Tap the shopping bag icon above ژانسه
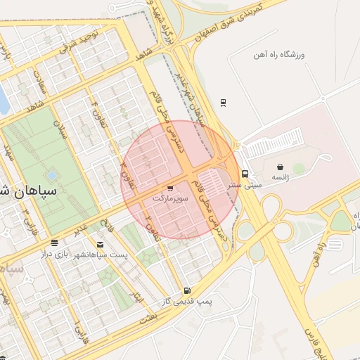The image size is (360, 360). pyautogui.click(x=281, y=167)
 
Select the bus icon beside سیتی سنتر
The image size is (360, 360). pyautogui.click(x=245, y=174)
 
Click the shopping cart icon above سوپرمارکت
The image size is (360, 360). pyautogui.click(x=170, y=188)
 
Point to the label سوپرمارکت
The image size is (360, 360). pyautogui.click(x=171, y=199)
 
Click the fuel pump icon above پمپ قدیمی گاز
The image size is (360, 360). pyautogui.click(x=186, y=290)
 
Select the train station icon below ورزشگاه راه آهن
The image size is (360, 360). pyautogui.click(x=223, y=102)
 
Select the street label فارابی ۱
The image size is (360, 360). pyautogui.click(x=77, y=328)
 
